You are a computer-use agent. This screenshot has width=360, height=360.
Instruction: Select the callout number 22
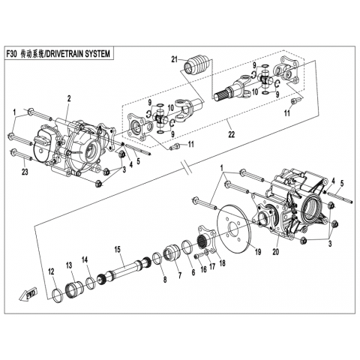point(231,134)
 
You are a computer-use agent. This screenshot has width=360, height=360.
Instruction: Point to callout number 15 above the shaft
point(118,249)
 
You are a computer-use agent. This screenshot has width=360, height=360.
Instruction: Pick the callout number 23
point(25,172)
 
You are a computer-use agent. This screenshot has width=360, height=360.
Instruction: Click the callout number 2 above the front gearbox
point(69,98)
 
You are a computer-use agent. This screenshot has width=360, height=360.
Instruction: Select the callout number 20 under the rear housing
point(275,252)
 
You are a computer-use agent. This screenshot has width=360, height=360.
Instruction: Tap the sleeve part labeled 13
point(74,289)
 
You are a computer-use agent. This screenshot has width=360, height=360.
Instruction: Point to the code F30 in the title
point(11,53)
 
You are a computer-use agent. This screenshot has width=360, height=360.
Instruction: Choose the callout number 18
point(222,262)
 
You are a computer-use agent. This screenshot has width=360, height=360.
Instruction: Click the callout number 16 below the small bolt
point(204,269)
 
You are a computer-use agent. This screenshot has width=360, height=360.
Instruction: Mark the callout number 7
point(180,275)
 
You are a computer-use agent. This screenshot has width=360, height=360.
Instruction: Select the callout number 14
point(85,259)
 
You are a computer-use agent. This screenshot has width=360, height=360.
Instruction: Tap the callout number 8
point(164,280)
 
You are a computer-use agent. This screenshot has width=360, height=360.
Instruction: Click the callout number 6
point(193,272)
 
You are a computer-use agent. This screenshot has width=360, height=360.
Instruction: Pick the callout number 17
point(212,267)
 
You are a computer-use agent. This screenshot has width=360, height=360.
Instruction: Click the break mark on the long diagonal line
point(187,167)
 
